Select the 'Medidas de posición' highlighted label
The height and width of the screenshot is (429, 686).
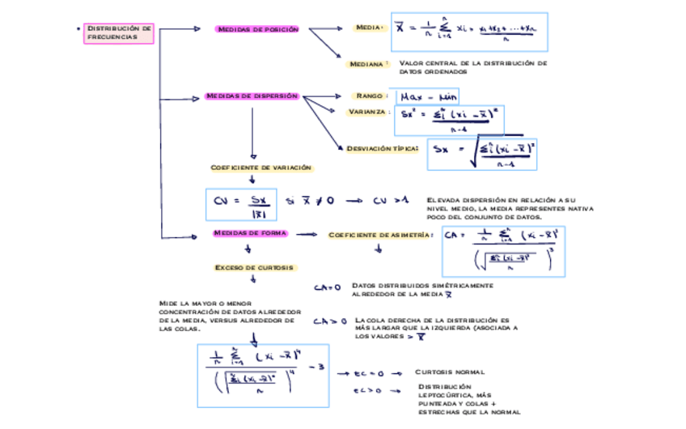tap(257, 29)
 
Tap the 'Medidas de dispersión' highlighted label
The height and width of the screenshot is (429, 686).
tap(252, 96)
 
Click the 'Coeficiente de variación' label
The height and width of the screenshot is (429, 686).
tap(260, 168)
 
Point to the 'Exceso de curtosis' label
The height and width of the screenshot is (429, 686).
tap(254, 267)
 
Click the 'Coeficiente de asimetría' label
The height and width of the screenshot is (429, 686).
tap(379, 235)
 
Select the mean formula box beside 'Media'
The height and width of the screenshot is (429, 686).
tap(469, 32)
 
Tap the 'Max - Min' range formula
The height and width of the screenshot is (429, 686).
tap(424, 96)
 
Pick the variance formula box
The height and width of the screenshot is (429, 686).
tap(449, 120)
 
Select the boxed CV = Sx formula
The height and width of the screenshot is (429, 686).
tap(240, 206)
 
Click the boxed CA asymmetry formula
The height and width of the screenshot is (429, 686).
tap(503, 251)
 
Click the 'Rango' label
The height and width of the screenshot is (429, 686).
tap(369, 96)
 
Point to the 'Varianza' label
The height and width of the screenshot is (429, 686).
tap(367, 111)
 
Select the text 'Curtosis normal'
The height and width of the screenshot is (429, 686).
tap(450, 372)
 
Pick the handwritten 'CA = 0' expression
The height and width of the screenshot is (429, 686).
tap(327, 287)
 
